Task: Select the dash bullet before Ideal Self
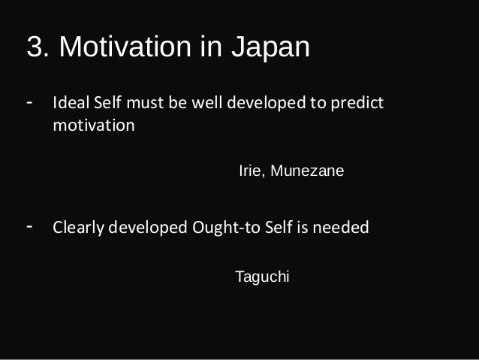click(29, 99)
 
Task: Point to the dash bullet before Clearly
click(29, 226)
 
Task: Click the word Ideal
click(69, 101)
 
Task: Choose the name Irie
click(251, 171)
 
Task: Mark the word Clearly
click(77, 227)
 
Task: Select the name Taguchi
click(262, 277)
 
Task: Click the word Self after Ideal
click(106, 101)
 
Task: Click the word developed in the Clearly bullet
click(147, 227)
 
